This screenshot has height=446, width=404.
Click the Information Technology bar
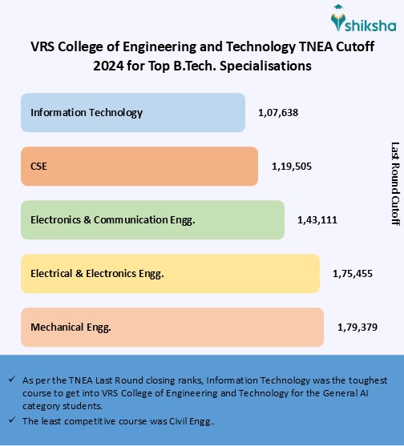pyautogui.click(x=133, y=113)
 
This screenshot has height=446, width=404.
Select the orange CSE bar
pyautogui.click(x=139, y=167)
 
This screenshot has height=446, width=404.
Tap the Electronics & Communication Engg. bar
pyautogui.click(x=152, y=219)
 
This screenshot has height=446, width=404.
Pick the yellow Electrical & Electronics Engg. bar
pyautogui.click(x=170, y=273)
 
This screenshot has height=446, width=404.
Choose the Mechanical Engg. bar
pyautogui.click(x=172, y=327)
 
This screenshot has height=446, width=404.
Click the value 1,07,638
pyautogui.click(x=278, y=113)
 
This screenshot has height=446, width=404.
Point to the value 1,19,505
pyautogui.click(x=291, y=167)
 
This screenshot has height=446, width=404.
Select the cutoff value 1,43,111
pyautogui.click(x=317, y=219)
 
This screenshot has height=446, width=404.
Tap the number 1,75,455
pyautogui.click(x=353, y=273)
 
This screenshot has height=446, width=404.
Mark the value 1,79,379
pyautogui.click(x=357, y=327)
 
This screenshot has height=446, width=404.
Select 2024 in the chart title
pyautogui.click(x=109, y=66)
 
